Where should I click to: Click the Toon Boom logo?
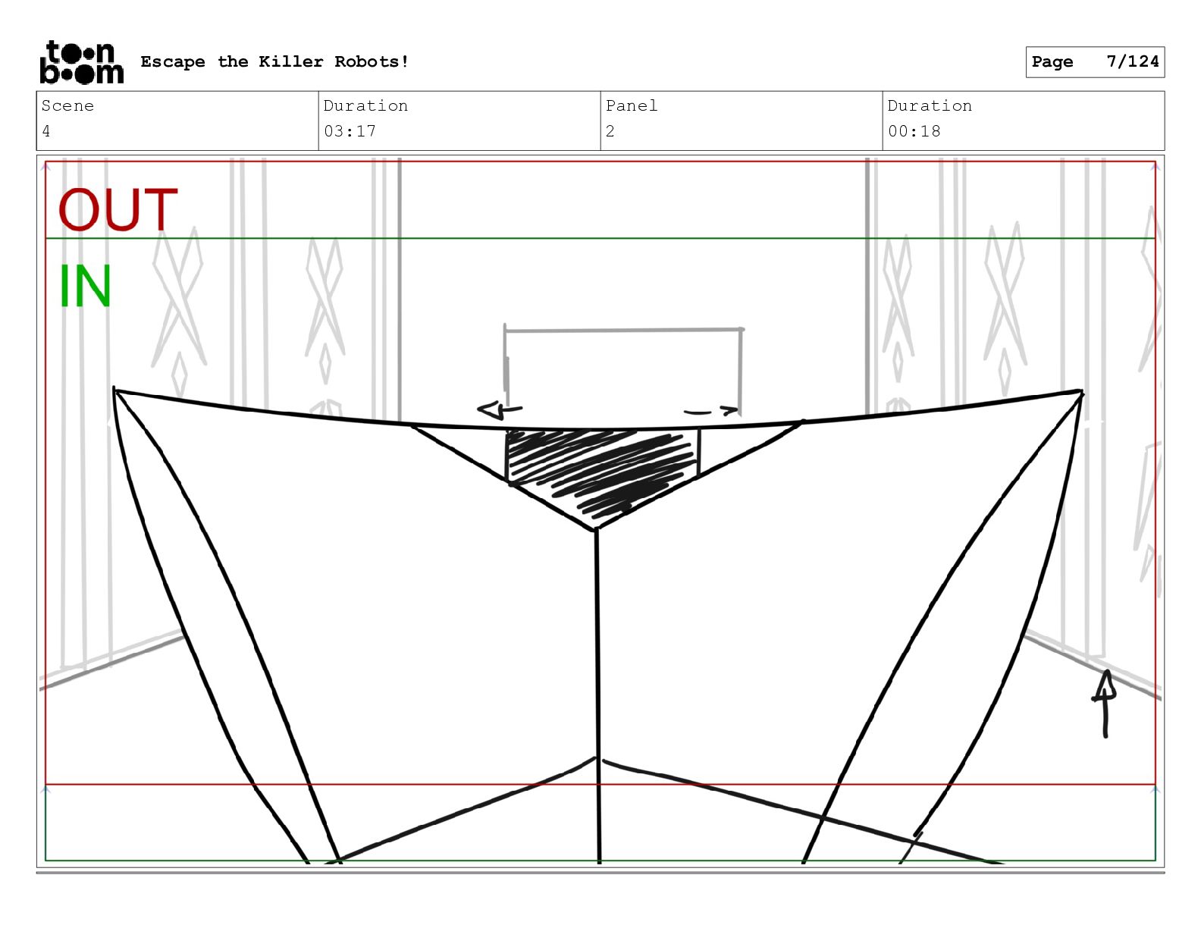(x=81, y=62)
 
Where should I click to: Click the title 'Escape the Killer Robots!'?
(x=274, y=61)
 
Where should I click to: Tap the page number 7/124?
(x=1132, y=61)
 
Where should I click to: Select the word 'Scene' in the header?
(x=67, y=106)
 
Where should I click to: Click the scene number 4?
(x=46, y=131)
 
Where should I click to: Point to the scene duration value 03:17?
(x=350, y=131)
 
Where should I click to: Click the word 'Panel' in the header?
(x=632, y=106)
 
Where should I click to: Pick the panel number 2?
(x=610, y=131)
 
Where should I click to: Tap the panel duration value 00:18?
(x=914, y=131)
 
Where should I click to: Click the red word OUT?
(x=118, y=210)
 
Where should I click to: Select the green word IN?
(x=85, y=287)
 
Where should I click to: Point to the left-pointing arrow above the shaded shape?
(x=499, y=410)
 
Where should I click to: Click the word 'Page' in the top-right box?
(x=1052, y=61)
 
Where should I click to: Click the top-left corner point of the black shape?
(x=114, y=390)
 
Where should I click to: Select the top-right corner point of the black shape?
(x=1081, y=392)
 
